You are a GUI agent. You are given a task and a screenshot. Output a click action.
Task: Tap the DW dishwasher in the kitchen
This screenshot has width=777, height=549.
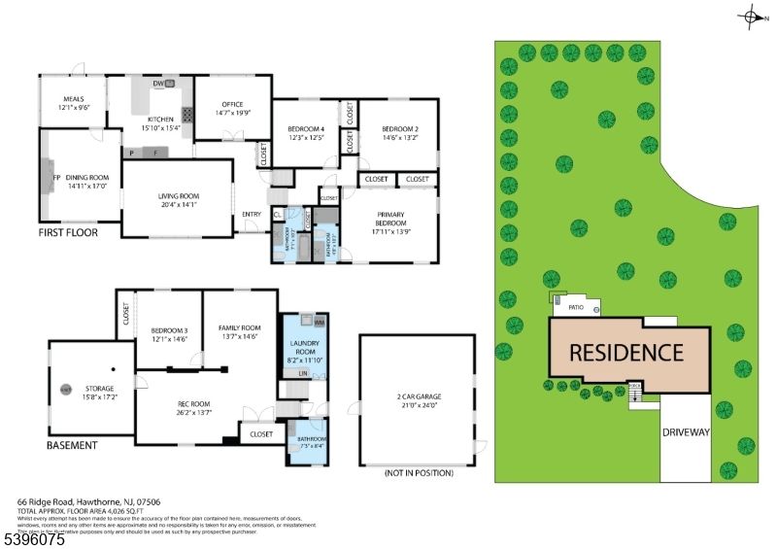tap(157, 85)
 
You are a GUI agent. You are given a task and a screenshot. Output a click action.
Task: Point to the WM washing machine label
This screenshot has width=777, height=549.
tap(320, 322)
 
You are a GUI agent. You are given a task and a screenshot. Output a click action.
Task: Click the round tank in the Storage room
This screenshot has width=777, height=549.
tap(66, 390)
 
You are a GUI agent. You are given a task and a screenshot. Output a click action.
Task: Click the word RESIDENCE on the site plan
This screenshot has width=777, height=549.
tap(625, 352)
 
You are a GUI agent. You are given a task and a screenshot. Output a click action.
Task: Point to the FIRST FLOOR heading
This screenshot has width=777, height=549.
tap(72, 234)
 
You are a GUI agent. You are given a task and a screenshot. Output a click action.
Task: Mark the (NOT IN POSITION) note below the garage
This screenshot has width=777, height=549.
tap(419, 473)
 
